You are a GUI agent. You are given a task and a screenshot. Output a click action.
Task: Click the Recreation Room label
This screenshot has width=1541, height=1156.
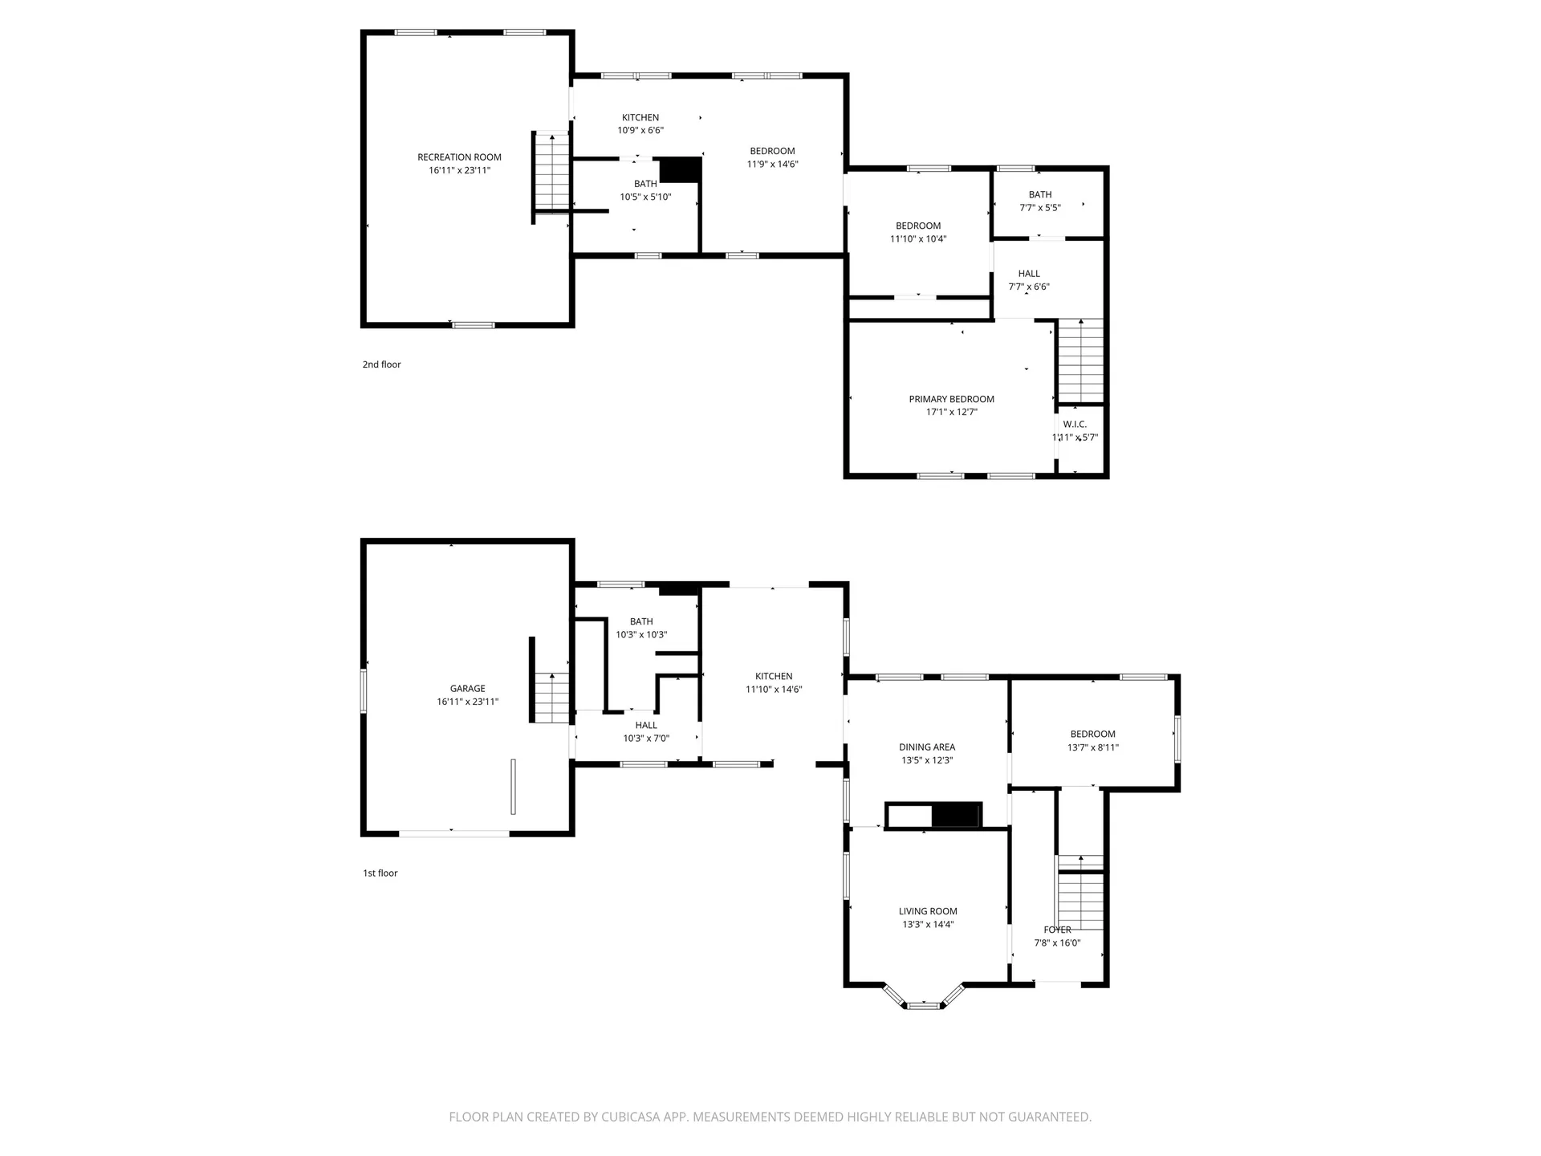[459, 157]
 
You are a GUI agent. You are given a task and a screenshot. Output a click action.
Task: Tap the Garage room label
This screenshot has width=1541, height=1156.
[467, 689]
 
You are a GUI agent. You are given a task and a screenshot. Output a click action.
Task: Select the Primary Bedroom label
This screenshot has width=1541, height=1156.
[951, 399]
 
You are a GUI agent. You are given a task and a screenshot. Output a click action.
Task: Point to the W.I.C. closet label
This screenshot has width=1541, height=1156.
[1075, 425]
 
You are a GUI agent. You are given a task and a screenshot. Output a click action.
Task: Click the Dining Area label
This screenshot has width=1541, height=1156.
[927, 747]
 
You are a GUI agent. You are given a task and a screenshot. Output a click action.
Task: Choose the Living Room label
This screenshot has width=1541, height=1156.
[928, 911]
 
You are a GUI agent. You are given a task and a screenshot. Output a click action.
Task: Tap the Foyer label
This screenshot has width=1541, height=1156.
[1057, 930]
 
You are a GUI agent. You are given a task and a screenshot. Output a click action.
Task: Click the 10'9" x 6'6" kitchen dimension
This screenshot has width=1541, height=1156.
[640, 130]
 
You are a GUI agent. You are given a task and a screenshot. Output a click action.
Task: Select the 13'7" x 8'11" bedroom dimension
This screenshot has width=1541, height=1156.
[1093, 747]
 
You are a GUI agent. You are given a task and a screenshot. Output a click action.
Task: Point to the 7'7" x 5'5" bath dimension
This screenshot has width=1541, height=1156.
[1040, 207]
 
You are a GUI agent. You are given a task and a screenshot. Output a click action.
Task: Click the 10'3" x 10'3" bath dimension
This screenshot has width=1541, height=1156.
[641, 634]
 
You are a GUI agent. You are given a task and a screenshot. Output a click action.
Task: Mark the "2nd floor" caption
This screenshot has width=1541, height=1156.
[381, 364]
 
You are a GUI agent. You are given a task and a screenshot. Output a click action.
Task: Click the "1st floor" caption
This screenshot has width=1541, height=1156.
[380, 873]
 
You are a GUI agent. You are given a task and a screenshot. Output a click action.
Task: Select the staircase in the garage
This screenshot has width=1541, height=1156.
[551, 698]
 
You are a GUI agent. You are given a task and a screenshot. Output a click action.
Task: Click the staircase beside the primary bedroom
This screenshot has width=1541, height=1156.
[1081, 360]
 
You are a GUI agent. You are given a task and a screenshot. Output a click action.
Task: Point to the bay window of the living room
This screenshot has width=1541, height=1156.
[923, 998]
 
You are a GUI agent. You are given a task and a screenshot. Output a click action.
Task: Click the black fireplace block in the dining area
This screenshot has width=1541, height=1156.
[957, 815]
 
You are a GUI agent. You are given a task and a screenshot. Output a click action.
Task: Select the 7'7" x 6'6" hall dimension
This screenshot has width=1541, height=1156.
[1029, 287]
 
